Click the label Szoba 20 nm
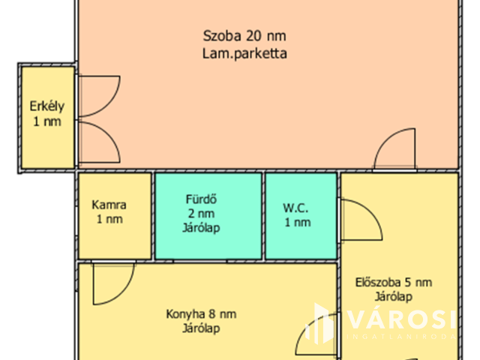(x=244, y=35)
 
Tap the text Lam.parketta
(x=244, y=53)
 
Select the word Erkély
(x=46, y=105)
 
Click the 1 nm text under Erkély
(x=46, y=121)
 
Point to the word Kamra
(x=109, y=205)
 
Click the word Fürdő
(x=201, y=199)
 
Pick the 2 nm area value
(x=201, y=214)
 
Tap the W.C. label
(x=297, y=207)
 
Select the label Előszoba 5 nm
(x=394, y=282)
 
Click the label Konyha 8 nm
(x=200, y=313)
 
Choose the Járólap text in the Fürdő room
(x=201, y=228)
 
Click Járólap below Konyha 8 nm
(x=200, y=328)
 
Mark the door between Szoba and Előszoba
(x=395, y=150)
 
